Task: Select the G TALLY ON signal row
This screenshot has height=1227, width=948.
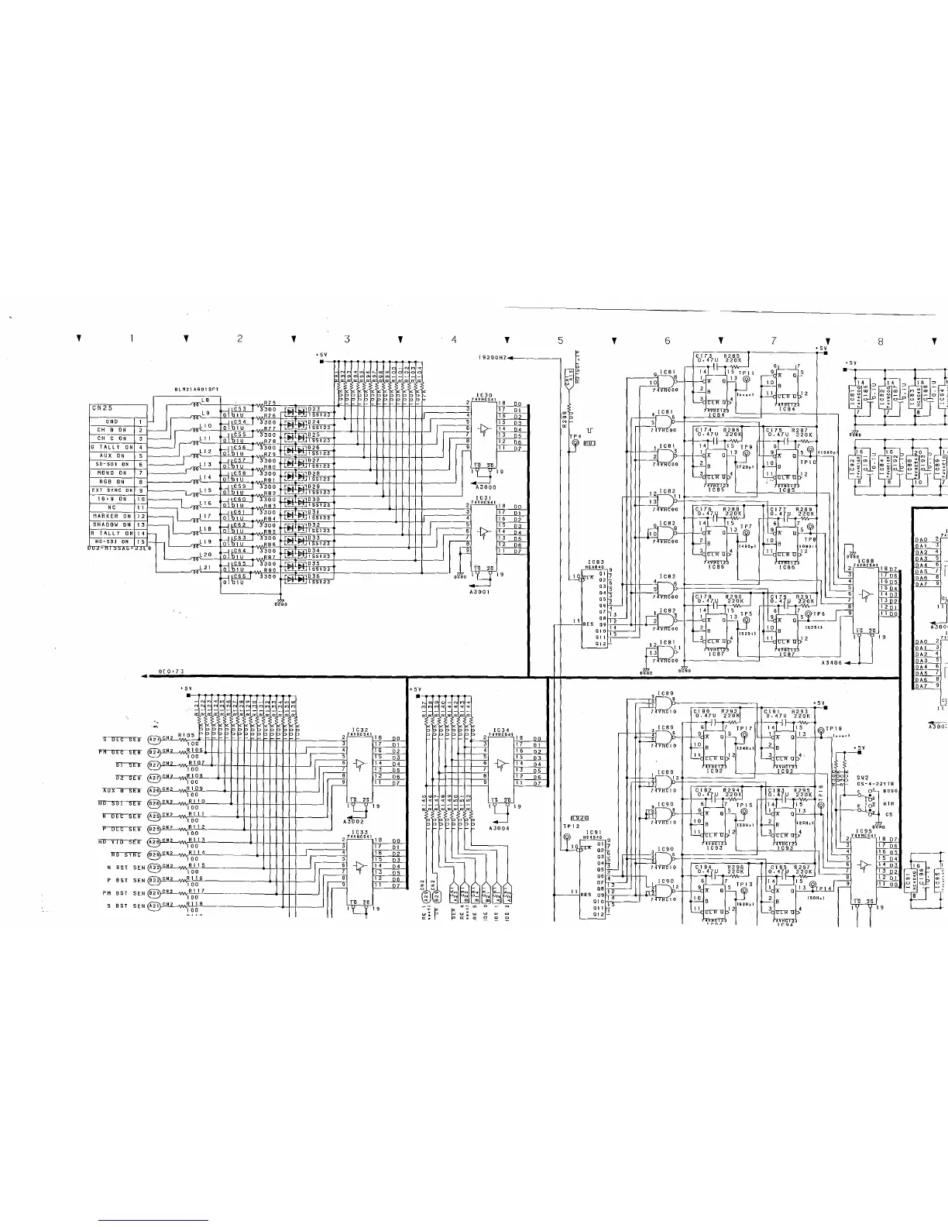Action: (112, 447)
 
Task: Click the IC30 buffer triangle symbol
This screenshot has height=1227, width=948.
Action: (484, 428)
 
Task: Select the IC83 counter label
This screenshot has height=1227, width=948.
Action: (596, 562)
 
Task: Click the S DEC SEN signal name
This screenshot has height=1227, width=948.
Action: (122, 739)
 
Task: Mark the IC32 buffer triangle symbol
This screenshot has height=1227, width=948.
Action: (358, 765)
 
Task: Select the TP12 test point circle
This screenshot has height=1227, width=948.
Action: (566, 838)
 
